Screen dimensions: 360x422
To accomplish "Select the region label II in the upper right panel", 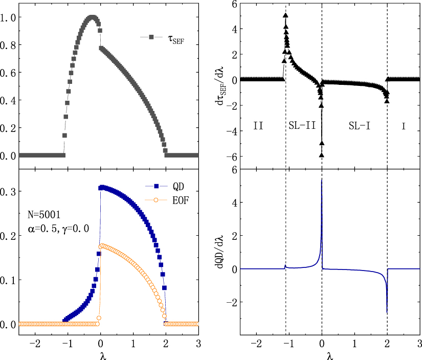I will coord(258,125).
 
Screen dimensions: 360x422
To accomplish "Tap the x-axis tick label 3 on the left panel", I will coord(198,341).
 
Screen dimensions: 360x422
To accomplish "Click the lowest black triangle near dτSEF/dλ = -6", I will coord(322,154).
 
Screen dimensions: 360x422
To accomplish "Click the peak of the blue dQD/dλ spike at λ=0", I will coord(321,179).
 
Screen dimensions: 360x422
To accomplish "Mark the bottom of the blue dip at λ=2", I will coord(387,313).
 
